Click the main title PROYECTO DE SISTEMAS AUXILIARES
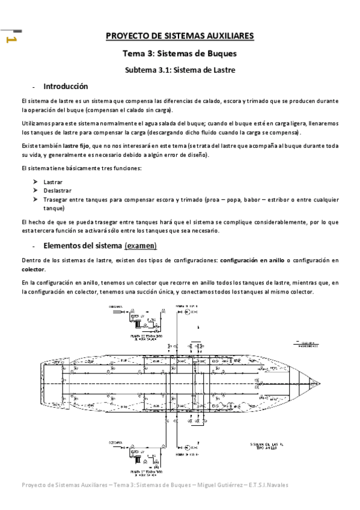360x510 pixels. tap(180, 36)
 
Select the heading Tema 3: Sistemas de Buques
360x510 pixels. tap(180, 54)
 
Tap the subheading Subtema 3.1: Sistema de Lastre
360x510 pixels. tap(180, 70)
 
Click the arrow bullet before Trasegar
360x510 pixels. tap(36, 199)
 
